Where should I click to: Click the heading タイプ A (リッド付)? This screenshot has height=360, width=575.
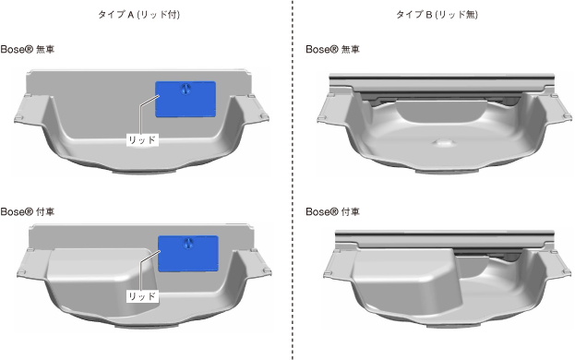138,15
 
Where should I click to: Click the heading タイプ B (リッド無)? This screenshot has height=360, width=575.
437,15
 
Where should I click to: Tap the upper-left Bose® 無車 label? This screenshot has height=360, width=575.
28,49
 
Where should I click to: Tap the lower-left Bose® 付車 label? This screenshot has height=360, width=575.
28,211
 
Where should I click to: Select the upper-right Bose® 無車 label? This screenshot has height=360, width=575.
332,49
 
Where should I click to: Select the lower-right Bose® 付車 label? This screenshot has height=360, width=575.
332,211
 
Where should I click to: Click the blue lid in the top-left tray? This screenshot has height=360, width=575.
186,100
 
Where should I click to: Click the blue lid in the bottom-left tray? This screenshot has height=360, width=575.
188,254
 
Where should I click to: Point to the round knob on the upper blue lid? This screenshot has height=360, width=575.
186,89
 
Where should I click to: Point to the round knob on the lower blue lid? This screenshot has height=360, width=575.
188,243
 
